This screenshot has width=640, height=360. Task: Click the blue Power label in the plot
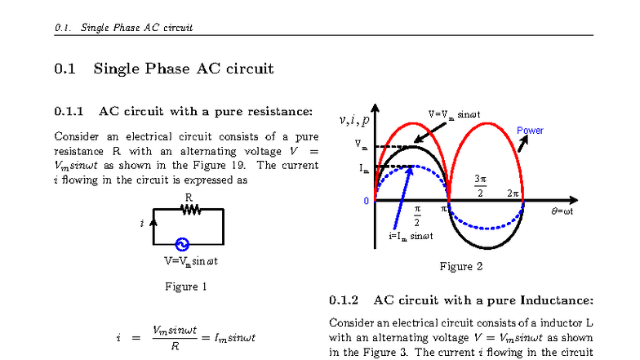(530, 131)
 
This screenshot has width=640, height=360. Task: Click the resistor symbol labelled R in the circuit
(190, 210)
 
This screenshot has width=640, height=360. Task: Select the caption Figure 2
(461, 266)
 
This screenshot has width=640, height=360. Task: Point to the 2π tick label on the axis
(513, 193)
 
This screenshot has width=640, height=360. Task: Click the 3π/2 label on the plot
(481, 185)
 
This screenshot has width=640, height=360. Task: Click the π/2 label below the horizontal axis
(417, 216)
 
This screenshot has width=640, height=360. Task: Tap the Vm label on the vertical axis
(361, 144)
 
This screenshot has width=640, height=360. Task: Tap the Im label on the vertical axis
(361, 168)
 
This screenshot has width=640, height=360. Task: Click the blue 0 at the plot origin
(367, 201)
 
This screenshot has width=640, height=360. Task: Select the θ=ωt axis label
(568, 210)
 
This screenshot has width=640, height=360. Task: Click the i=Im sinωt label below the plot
(411, 236)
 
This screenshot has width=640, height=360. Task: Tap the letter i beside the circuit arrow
(142, 223)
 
